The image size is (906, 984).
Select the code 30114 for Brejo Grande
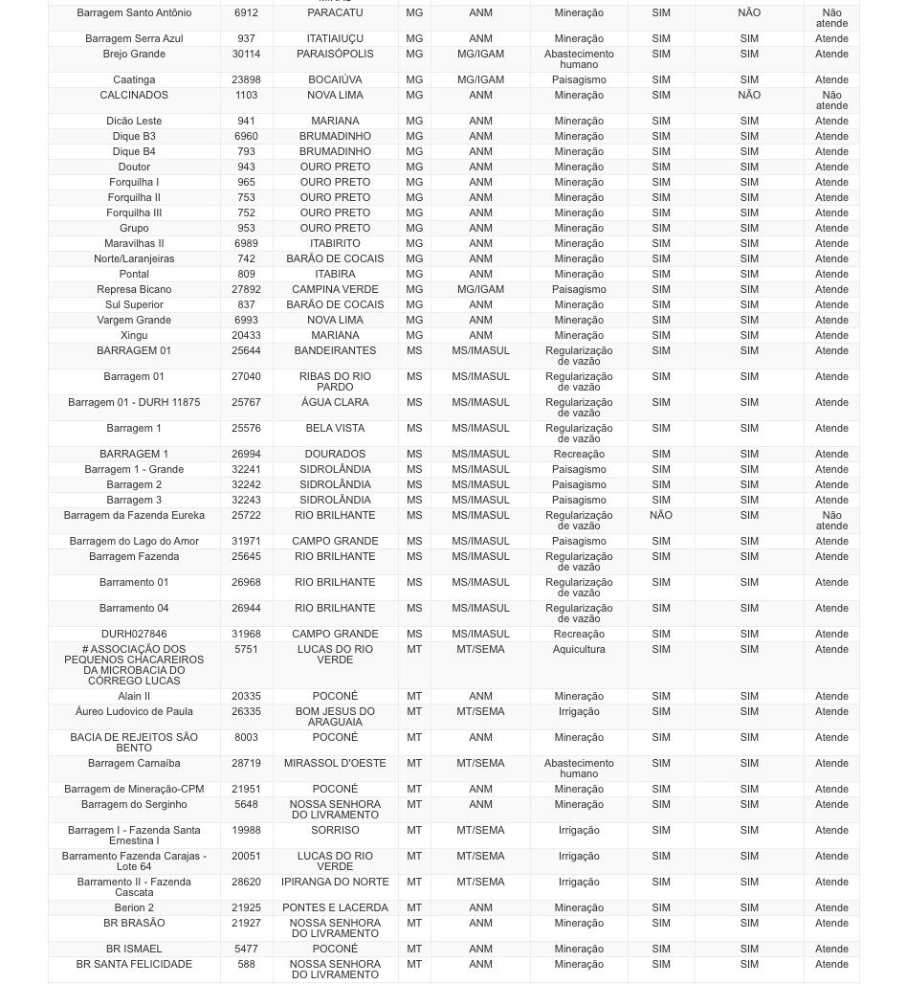(246, 55)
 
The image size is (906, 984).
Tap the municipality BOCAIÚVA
(335, 80)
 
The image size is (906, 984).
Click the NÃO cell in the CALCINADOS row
(749, 96)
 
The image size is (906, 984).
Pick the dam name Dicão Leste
(134, 122)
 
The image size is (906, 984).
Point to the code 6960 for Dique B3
(246, 137)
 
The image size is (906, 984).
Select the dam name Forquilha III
(134, 213)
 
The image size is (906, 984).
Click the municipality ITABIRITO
(335, 244)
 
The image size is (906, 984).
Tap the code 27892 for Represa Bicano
(246, 290)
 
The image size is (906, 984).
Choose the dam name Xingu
(134, 336)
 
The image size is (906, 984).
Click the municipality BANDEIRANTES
(335, 351)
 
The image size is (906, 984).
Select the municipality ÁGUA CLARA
(335, 403)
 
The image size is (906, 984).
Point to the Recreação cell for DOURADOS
(579, 455)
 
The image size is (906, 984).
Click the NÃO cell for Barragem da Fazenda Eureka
(661, 516)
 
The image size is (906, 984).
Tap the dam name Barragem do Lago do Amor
(134, 542)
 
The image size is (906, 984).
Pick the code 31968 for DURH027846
(246, 635)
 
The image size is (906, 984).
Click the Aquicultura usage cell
(579, 650)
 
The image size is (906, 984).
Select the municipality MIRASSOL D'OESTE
(335, 764)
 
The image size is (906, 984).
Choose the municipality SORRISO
(335, 831)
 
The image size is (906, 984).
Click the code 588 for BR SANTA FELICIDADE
(246, 965)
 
